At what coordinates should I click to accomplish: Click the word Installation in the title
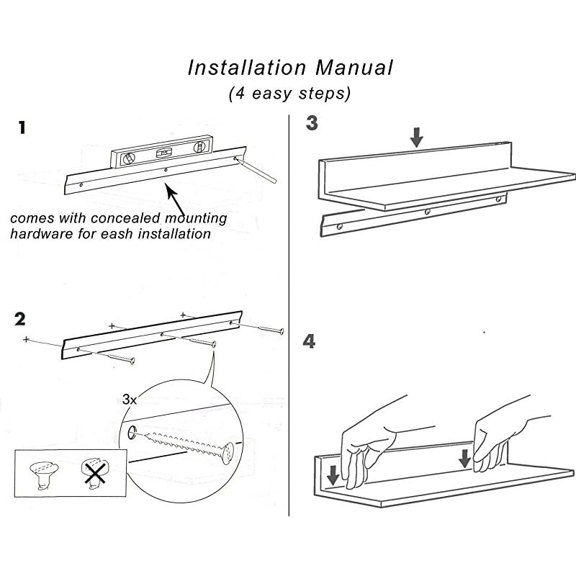tap(245, 68)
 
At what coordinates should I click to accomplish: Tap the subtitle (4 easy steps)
tap(289, 94)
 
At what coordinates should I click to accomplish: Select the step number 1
tap(23, 128)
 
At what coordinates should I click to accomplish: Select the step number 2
tap(22, 318)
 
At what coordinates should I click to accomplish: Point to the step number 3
tap(311, 123)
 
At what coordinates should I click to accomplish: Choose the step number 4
tap(310, 341)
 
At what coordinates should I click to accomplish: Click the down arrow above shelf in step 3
tap(416, 136)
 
